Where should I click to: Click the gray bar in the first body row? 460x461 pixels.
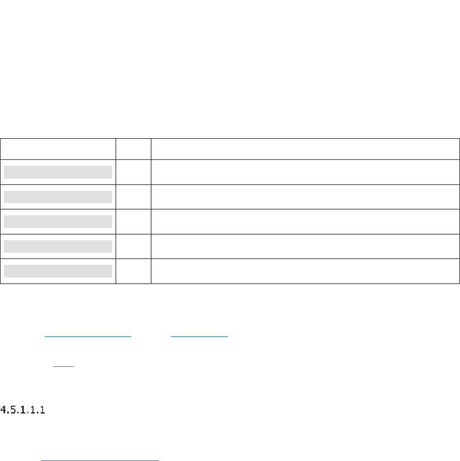pos(58,172)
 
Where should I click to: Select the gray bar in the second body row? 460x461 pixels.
pos(58,197)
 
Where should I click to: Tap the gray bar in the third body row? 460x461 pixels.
pos(58,222)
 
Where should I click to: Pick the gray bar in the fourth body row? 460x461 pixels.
pos(58,246)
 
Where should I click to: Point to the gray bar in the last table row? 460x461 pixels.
pos(58,271)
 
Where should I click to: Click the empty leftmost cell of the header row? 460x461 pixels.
pos(58,149)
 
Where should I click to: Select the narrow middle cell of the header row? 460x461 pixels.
pos(133,149)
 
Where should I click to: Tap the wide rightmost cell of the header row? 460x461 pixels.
pos(305,149)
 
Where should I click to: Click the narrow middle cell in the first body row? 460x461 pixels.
pos(133,172)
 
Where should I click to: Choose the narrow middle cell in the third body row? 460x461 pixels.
pos(133,222)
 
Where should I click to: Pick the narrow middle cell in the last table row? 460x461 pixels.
pos(133,271)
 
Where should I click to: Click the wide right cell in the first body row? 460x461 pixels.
pos(305,172)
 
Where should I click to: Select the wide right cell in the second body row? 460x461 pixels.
pos(305,197)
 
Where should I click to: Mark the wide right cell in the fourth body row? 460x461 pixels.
pos(305,246)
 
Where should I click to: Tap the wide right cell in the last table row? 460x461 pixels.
pos(305,271)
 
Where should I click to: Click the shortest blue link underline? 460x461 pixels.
pos(63,368)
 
